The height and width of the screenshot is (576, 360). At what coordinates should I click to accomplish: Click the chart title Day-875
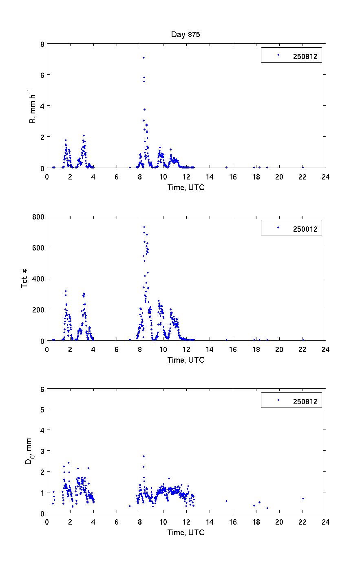coord(186,35)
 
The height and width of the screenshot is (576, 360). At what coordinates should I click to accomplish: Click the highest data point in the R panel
coord(144,58)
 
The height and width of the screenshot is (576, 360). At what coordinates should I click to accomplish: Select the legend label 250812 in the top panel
coord(305,56)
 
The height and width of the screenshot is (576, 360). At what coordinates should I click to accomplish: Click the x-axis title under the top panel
coord(186,187)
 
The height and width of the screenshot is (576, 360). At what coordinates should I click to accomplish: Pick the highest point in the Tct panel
coord(144,227)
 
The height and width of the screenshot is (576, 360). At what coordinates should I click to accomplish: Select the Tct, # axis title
coord(24,278)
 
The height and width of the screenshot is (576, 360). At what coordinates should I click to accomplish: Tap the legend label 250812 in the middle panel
coord(305,229)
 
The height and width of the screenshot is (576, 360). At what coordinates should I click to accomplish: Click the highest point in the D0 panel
coord(144,456)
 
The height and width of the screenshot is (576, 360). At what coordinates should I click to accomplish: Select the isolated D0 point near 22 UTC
coord(303,498)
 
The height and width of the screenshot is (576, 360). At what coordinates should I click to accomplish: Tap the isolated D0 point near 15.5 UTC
coord(226,501)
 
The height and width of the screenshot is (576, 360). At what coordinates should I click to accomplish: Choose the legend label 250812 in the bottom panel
coord(305,401)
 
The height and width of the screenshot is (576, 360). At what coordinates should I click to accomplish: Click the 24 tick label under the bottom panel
coord(325,522)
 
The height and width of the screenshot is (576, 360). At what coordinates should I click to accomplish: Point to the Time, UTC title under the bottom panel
coord(186,532)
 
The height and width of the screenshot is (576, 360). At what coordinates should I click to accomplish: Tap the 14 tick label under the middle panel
coord(209,349)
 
